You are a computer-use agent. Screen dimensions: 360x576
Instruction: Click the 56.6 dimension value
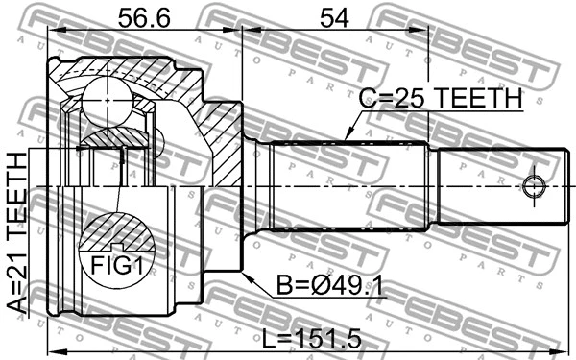tap(144, 17)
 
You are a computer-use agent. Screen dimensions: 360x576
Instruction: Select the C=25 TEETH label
tap(440, 98)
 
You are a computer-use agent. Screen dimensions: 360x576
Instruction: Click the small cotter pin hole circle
tap(535, 183)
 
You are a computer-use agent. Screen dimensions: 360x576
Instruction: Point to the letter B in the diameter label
tap(281, 286)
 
